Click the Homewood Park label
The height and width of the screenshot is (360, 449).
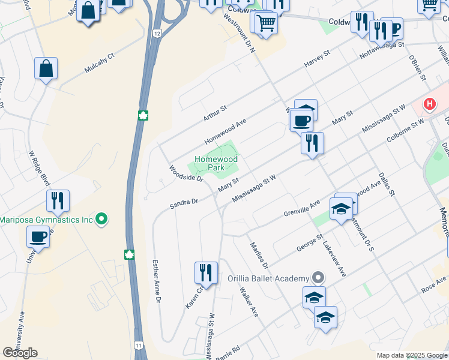click(x=215, y=164)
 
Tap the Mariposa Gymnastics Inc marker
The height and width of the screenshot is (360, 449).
click(x=102, y=220)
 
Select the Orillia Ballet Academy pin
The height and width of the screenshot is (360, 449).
click(x=318, y=278)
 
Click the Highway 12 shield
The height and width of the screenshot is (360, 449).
click(x=157, y=34)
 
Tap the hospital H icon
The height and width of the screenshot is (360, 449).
click(x=429, y=104)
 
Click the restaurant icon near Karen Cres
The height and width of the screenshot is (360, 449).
click(x=206, y=272)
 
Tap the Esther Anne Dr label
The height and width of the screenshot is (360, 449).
click(x=157, y=281)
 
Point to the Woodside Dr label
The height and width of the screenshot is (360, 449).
click(x=186, y=173)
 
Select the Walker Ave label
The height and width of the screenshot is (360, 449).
click(x=249, y=302)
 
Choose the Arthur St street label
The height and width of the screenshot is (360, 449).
click(x=215, y=112)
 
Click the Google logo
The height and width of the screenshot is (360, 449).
click(x=20, y=353)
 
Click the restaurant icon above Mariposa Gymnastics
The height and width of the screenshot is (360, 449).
click(x=58, y=200)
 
